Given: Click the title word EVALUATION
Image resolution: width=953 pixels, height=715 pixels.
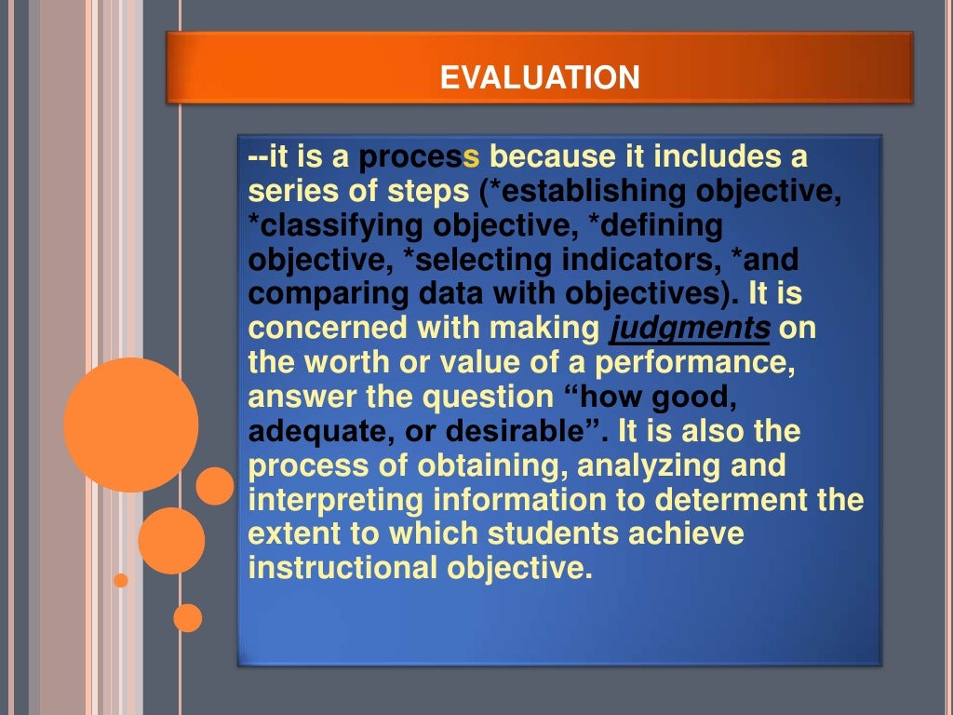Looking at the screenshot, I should point(540,77).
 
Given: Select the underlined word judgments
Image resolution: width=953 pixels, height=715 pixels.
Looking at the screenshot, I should point(690,329).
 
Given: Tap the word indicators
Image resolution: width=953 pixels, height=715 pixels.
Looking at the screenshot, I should point(606,260).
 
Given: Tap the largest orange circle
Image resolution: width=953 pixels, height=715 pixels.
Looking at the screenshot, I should point(130,425).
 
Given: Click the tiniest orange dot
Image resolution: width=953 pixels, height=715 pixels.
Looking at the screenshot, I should point(120,581).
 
